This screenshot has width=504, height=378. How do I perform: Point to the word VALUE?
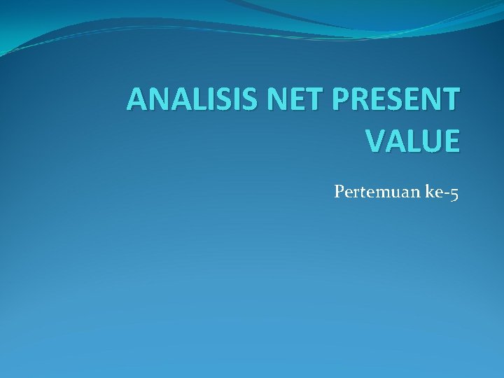click(x=413, y=140)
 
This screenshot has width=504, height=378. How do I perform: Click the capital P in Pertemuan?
click(x=339, y=191)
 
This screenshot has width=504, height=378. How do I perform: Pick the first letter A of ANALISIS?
click(x=136, y=101)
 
